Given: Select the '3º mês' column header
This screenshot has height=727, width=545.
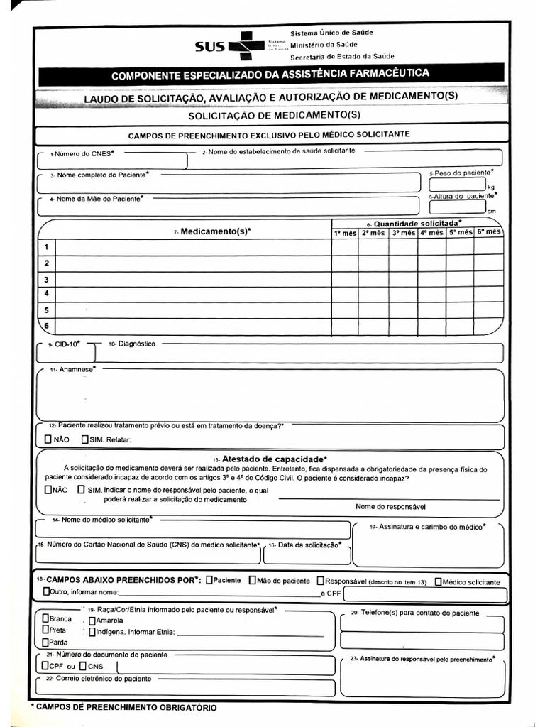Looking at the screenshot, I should click(402, 233).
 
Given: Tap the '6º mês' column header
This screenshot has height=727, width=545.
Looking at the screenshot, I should click(489, 232).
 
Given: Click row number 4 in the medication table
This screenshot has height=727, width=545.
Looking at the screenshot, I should click(46, 293).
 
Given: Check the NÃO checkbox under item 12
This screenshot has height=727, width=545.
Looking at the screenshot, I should click(48, 439).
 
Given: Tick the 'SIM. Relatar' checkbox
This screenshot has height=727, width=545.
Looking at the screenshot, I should click(85, 439).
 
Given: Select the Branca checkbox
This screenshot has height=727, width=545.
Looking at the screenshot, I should click(46, 618).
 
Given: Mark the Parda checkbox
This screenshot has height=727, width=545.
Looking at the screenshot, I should click(46, 642).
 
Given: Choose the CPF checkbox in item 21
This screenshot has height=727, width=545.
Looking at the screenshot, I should click(46, 666).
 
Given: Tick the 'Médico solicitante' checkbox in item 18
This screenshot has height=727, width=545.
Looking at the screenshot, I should click(438, 581).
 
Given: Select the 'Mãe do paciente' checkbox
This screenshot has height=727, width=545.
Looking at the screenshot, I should click(253, 580).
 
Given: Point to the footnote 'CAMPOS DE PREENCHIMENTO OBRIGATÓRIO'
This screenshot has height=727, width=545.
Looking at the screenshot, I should click(124, 707).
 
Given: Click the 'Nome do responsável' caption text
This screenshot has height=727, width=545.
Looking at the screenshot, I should click(390, 506).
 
